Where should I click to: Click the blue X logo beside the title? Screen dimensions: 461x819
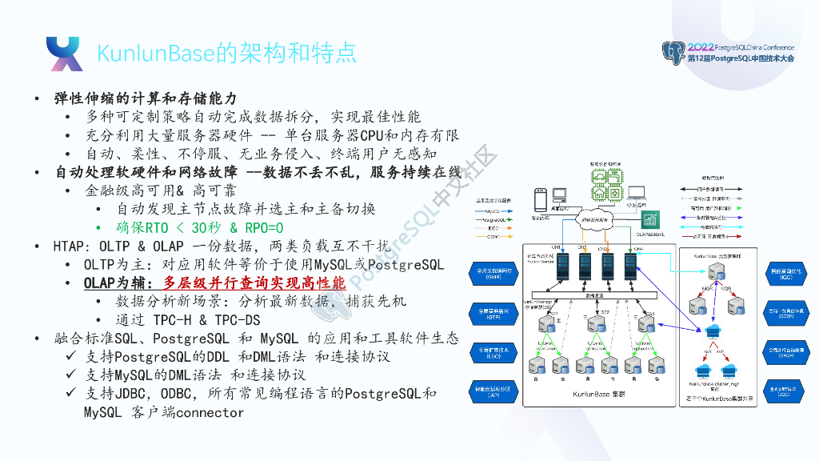[x=64, y=54]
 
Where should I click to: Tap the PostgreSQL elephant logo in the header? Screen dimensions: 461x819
[x=673, y=54]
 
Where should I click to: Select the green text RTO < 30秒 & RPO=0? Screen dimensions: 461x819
[x=200, y=227]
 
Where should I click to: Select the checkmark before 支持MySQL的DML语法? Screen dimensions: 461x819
[x=71, y=375]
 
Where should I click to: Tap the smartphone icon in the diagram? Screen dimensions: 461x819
[x=540, y=198]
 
